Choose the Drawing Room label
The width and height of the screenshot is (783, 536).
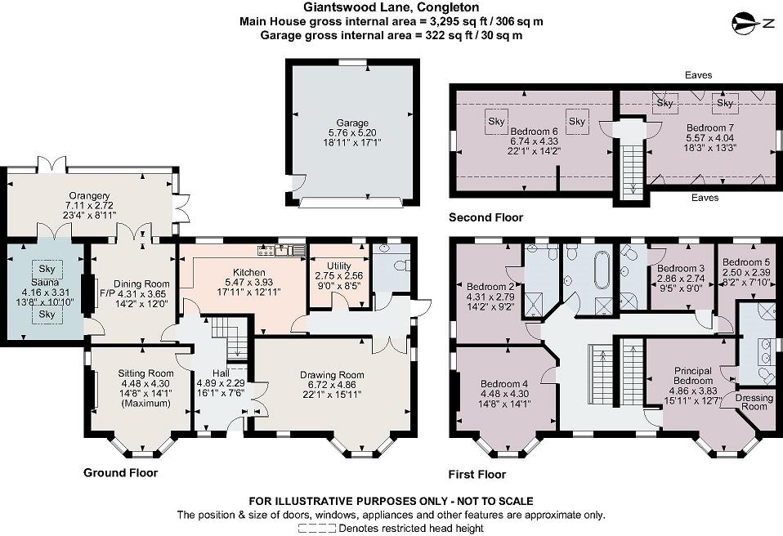(x=331, y=375)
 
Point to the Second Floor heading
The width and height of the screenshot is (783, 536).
(x=485, y=218)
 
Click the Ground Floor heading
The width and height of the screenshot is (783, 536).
(x=120, y=472)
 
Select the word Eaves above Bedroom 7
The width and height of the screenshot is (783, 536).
(x=700, y=75)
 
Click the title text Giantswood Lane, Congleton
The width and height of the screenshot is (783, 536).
(x=391, y=7)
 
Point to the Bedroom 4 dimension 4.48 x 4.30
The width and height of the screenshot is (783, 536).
(x=505, y=392)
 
